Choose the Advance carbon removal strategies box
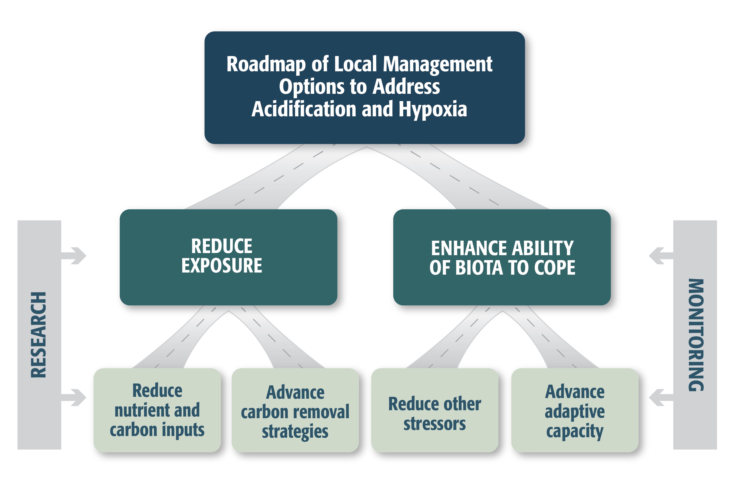(x=295, y=411)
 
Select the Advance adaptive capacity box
(x=575, y=411)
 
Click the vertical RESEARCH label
(x=38, y=335)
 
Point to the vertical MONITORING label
(x=696, y=335)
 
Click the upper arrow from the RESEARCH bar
(x=75, y=256)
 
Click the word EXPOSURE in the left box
(x=221, y=266)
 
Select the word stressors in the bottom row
(x=434, y=424)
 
